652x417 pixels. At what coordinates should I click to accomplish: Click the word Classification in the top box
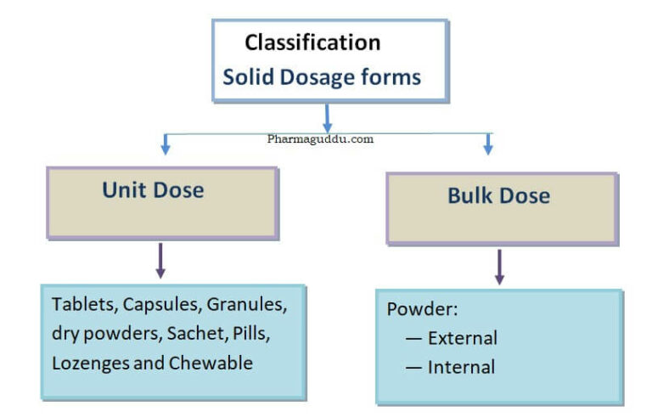[x=312, y=42]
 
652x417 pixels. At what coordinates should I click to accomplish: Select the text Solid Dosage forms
[x=322, y=77]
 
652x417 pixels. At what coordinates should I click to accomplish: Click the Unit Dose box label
[x=153, y=190]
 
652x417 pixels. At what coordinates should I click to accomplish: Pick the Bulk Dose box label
[x=498, y=196]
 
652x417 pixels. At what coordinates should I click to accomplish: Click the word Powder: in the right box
[x=422, y=309]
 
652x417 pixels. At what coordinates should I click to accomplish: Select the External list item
[x=462, y=338]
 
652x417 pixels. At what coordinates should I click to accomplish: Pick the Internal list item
[x=461, y=367]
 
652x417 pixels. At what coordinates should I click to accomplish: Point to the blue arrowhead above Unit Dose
[x=166, y=148]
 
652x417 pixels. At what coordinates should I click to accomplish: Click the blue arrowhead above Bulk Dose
[x=488, y=148]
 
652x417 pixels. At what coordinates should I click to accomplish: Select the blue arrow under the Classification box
[x=327, y=116]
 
